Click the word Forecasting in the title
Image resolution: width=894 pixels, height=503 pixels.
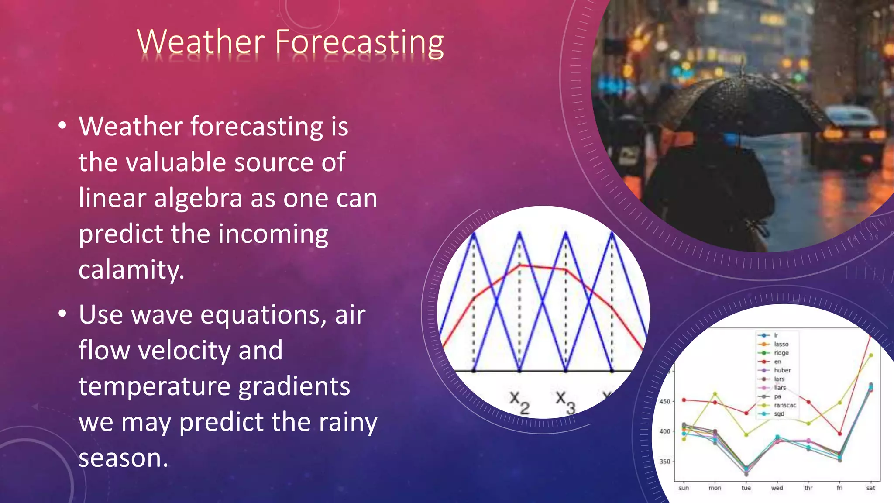pos(359,43)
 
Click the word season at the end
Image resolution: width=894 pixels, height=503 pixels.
pos(123,458)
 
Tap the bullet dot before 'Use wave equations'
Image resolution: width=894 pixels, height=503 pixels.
pos(62,314)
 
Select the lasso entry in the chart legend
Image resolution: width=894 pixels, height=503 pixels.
pos(781,344)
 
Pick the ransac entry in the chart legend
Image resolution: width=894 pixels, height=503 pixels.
pos(784,405)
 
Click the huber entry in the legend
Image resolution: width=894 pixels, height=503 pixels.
pos(782,370)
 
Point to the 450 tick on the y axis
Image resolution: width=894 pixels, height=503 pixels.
pos(664,401)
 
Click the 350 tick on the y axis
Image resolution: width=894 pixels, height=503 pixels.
pos(664,461)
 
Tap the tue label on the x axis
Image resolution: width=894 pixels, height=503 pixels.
pos(746,488)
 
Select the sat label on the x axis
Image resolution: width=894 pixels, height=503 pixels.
pos(870,488)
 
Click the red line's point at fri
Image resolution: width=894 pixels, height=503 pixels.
pos(839,434)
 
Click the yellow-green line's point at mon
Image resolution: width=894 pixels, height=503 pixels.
pos(715,394)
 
